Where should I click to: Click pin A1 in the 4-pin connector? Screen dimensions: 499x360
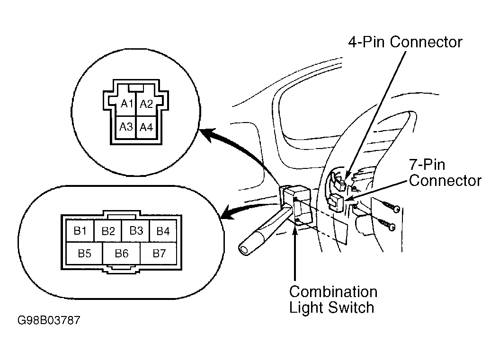pyautogui.click(x=126, y=104)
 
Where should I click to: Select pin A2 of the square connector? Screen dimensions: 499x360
pyautogui.click(x=146, y=104)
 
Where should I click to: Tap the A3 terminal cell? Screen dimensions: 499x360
pyautogui.click(x=126, y=127)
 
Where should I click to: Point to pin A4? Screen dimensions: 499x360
pyautogui.click(x=146, y=127)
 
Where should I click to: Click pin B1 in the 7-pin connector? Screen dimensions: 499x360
pyautogui.click(x=80, y=230)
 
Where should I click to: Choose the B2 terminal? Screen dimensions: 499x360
pyautogui.click(x=108, y=230)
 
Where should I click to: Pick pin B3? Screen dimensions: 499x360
pyautogui.click(x=136, y=230)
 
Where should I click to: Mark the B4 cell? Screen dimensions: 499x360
pyautogui.click(x=163, y=230)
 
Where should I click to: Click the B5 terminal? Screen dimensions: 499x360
pyautogui.click(x=84, y=253)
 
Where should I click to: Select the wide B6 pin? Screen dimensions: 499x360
pyautogui.click(x=121, y=253)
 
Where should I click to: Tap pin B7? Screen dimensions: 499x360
pyautogui.click(x=159, y=253)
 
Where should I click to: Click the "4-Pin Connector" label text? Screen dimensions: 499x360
pyautogui.click(x=405, y=42)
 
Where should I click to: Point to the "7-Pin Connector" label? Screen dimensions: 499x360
pyautogui.click(x=445, y=173)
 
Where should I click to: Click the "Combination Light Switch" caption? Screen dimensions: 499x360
pyautogui.click(x=333, y=299)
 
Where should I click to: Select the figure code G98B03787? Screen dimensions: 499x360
pyautogui.click(x=49, y=320)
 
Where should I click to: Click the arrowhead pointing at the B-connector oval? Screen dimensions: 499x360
pyautogui.click(x=227, y=212)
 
